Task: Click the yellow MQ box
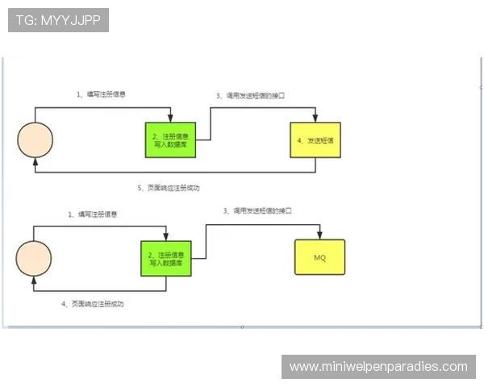(319, 258)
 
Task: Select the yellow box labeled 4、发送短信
(315, 139)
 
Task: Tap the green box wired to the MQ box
(165, 258)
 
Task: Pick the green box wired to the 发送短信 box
(170, 139)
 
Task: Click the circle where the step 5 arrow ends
(35, 139)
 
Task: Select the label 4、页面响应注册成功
(93, 304)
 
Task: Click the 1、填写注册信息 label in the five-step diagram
(101, 94)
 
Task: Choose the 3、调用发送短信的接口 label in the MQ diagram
(257, 210)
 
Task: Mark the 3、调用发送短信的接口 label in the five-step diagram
(250, 96)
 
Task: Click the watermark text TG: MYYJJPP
(57, 20)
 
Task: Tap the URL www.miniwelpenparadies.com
(378, 367)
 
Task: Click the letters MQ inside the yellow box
(319, 258)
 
